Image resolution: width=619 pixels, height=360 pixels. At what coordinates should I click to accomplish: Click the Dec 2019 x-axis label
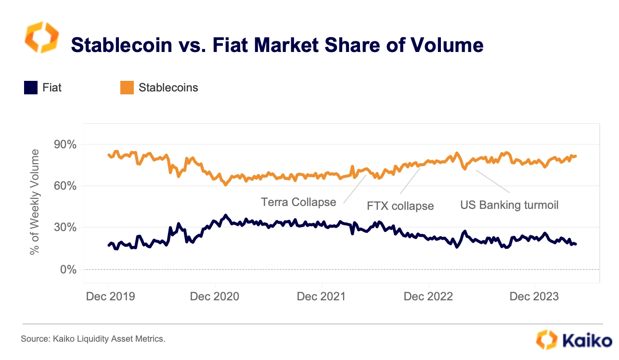pyautogui.click(x=110, y=296)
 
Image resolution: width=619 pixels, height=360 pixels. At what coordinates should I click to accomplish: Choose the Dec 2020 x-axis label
pyautogui.click(x=214, y=296)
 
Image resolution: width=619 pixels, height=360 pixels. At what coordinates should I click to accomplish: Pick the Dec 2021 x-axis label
pyautogui.click(x=321, y=296)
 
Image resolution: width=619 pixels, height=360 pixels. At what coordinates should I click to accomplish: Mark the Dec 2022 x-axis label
pyautogui.click(x=428, y=296)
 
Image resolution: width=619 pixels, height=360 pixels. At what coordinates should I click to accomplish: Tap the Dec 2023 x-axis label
pyautogui.click(x=535, y=296)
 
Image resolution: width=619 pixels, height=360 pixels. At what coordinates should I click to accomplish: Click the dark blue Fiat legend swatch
pyautogui.click(x=31, y=88)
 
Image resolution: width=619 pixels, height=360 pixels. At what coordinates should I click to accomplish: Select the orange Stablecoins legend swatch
pyautogui.click(x=127, y=88)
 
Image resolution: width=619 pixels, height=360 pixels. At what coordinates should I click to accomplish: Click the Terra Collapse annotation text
pyautogui.click(x=298, y=202)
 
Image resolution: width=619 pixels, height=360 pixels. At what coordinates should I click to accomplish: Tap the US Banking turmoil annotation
pyautogui.click(x=509, y=205)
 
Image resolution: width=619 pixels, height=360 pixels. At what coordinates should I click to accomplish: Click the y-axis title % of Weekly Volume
pyautogui.click(x=35, y=202)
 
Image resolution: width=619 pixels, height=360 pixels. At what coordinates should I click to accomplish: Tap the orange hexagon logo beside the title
pyautogui.click(x=41, y=37)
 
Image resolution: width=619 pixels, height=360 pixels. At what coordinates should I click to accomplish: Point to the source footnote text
pyautogui.click(x=93, y=339)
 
